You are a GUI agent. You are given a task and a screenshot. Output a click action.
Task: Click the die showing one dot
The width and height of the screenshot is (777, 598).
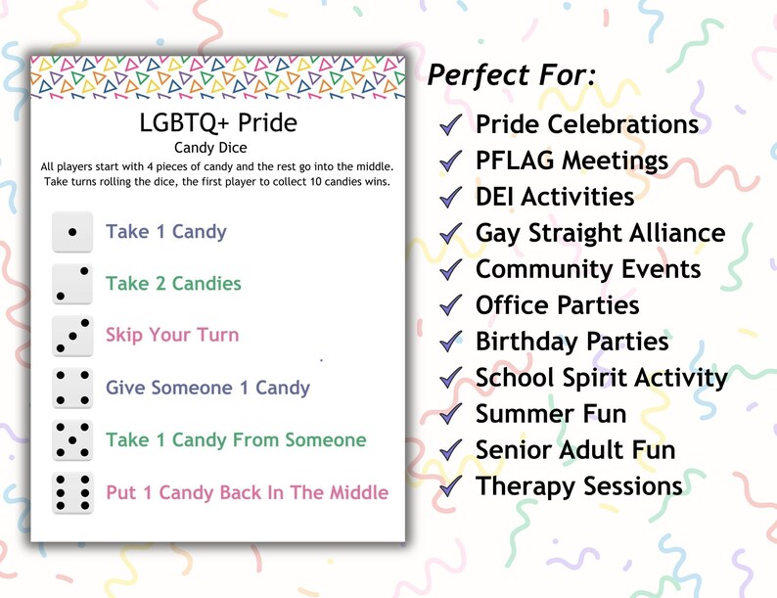tap(72, 233)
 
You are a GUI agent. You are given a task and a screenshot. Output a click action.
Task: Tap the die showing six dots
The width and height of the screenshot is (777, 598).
tap(72, 493)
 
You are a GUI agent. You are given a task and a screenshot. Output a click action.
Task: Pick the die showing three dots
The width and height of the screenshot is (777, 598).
tap(72, 336)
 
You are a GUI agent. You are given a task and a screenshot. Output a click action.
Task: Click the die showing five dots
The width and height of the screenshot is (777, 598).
tap(72, 440)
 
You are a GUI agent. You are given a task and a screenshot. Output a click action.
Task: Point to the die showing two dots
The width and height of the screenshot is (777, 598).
tap(72, 284)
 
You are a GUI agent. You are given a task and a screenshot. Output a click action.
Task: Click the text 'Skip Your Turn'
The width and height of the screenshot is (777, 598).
tap(171, 335)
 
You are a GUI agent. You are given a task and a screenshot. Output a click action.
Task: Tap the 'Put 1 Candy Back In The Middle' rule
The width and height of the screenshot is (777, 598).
tap(247, 492)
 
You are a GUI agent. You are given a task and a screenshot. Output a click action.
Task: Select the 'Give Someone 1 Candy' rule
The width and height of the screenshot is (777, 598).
tap(207, 388)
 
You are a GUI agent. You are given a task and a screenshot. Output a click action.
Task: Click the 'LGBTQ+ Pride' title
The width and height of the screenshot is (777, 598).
tap(218, 123)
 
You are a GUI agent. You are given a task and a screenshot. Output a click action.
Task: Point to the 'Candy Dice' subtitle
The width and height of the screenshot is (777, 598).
tap(218, 148)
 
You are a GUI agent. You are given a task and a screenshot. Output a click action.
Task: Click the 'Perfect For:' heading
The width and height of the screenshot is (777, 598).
tap(513, 74)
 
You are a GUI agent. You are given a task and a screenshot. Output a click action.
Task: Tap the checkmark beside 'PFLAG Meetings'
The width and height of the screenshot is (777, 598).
tap(451, 161)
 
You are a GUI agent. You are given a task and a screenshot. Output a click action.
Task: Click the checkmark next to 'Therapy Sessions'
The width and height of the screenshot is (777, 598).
tap(451, 486)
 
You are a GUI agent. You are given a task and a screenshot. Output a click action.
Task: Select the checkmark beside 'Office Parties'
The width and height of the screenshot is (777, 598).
tap(451, 305)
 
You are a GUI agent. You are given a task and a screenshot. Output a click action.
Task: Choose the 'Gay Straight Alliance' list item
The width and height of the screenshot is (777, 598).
tap(600, 233)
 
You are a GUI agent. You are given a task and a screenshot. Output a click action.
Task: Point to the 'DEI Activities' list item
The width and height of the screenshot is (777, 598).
tap(555, 197)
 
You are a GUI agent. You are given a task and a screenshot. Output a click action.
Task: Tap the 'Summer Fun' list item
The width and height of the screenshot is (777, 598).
tap(550, 414)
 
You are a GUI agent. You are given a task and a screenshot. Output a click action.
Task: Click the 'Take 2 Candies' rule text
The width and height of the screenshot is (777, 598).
tap(173, 284)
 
